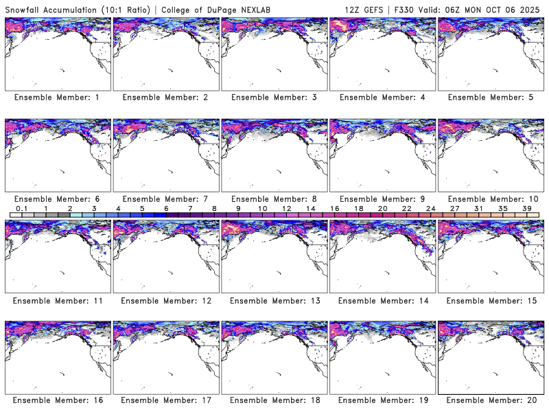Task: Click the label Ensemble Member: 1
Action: point(56,98)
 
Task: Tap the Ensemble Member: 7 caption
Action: point(165,199)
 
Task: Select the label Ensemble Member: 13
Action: point(273,301)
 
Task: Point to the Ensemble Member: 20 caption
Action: point(489,400)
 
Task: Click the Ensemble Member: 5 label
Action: point(489,98)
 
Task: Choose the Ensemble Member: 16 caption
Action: point(56,400)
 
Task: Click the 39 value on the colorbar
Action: point(527,207)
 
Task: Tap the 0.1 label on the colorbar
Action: point(21,207)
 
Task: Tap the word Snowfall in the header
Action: point(24,9)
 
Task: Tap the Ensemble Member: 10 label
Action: point(489,199)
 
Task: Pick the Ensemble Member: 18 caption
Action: point(273,400)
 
